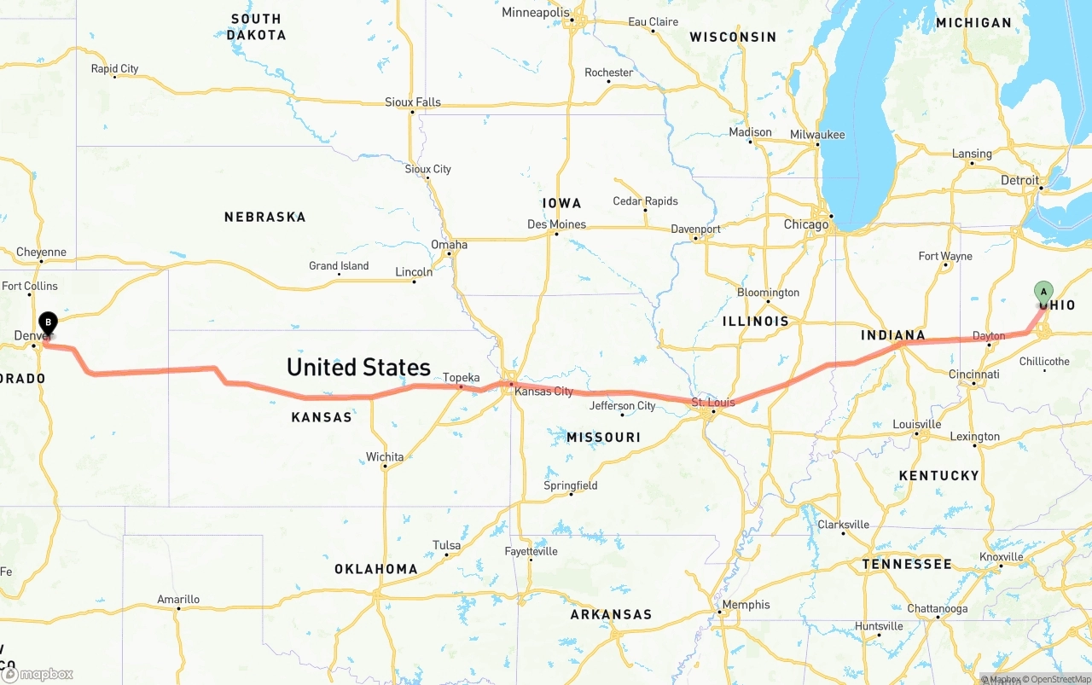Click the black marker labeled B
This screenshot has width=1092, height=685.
click(x=49, y=323)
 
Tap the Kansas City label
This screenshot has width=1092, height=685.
click(x=544, y=392)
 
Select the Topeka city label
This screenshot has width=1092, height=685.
click(x=461, y=378)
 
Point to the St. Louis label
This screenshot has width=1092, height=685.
click(x=712, y=402)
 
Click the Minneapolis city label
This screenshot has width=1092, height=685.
click(x=535, y=13)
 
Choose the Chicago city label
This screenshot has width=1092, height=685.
click(x=805, y=224)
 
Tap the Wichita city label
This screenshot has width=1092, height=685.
click(x=385, y=457)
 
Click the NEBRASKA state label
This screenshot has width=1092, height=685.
click(x=264, y=218)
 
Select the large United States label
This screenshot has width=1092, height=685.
click(x=358, y=368)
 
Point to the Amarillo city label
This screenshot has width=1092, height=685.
click(x=178, y=600)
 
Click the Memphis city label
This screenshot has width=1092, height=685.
click(x=746, y=605)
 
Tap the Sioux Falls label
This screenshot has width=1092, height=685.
click(x=413, y=102)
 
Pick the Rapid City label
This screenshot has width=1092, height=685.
click(x=114, y=69)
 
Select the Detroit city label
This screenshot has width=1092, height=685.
click(x=1019, y=180)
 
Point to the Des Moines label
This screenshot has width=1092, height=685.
click(x=556, y=224)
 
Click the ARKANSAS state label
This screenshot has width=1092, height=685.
click(x=611, y=614)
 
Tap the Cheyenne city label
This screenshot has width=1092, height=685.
click(x=41, y=253)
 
